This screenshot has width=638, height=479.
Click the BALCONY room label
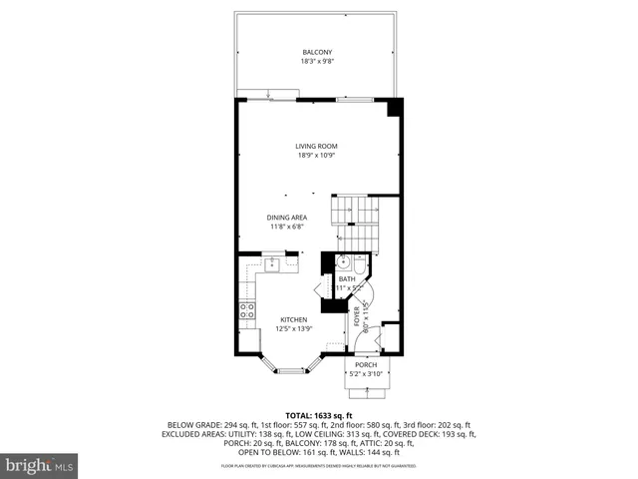tap(316, 52)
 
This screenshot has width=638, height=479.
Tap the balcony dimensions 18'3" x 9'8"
tap(316, 62)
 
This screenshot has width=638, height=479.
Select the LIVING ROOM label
tap(316, 146)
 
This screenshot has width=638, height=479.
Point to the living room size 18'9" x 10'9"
tap(316, 156)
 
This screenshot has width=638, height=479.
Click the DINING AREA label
tap(286, 218)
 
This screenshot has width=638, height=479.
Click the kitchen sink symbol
tap(270, 264)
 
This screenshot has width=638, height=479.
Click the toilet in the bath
tap(360, 266)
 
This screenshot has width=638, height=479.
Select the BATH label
tap(346, 279)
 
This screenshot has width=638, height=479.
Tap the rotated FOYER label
tap(357, 317)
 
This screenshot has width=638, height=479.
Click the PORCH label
tap(367, 365)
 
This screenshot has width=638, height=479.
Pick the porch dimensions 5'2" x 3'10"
tap(367, 375)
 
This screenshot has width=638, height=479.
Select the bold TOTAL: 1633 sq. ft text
tap(315, 414)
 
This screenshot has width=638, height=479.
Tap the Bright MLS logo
tap(40, 465)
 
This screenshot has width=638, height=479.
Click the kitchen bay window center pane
tap(290, 371)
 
